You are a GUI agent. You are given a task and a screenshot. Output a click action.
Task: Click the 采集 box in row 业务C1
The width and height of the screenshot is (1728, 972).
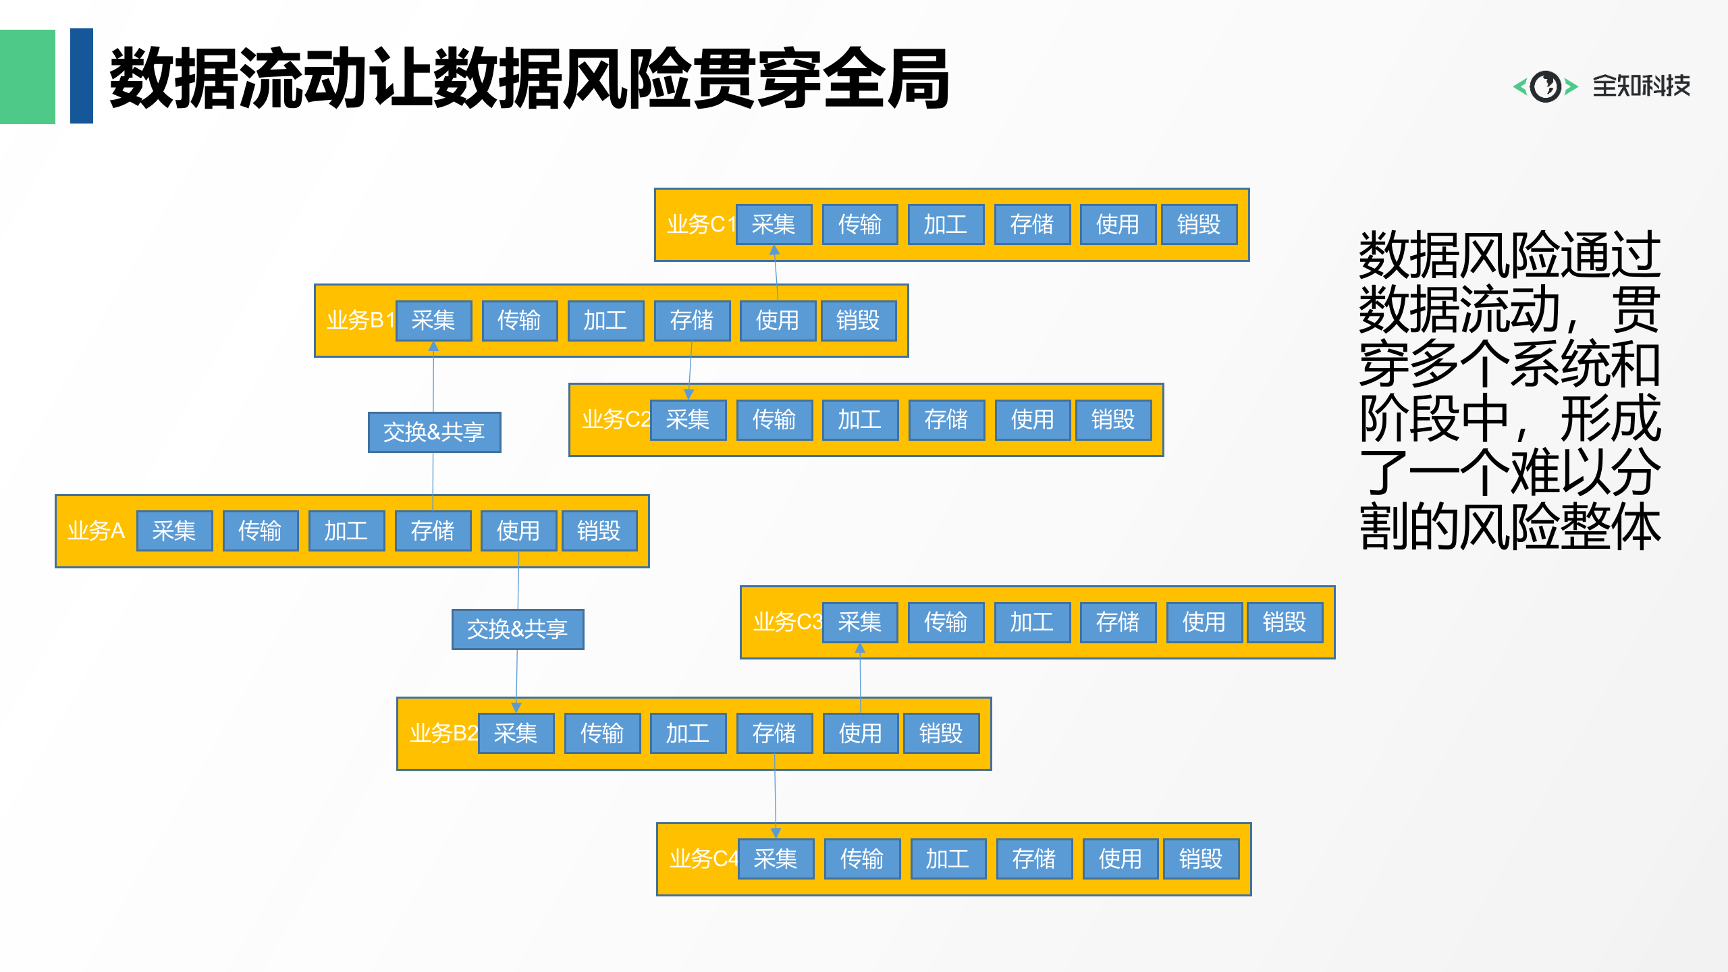(774, 224)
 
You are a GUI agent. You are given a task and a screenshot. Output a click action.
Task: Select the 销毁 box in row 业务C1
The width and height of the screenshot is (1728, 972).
(1199, 224)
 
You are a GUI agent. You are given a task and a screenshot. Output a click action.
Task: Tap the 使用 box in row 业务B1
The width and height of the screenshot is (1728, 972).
(778, 320)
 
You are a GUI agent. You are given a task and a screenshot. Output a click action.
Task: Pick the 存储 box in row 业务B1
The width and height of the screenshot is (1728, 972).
(692, 320)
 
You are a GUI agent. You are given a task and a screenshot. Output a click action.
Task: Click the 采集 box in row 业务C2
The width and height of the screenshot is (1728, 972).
(688, 419)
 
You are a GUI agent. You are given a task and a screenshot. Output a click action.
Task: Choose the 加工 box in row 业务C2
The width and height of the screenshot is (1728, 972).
(860, 419)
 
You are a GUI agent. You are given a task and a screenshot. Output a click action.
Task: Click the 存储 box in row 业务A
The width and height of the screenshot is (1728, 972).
(433, 531)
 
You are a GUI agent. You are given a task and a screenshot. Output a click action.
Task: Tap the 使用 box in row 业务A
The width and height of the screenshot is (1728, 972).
(518, 531)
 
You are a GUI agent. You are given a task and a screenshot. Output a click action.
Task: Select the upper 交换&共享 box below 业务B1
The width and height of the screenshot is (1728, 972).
(434, 432)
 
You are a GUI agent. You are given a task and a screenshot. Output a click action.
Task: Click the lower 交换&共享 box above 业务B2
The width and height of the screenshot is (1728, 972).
(518, 629)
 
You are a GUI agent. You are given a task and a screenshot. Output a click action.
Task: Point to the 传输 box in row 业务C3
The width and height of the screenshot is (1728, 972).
(946, 622)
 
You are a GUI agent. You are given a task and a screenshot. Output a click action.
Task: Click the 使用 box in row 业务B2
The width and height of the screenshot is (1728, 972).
(861, 733)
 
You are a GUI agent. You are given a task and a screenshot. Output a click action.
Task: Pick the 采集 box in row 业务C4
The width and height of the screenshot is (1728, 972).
(776, 859)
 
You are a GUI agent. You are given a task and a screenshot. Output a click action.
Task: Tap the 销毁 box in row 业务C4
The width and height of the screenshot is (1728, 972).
(1201, 859)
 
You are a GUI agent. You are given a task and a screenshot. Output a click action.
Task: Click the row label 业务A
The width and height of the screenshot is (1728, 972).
(97, 531)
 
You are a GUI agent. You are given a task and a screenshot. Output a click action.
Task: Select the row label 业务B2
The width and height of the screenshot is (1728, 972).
(443, 733)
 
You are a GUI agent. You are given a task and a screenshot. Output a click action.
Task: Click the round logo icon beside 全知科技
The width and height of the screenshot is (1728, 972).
(1545, 86)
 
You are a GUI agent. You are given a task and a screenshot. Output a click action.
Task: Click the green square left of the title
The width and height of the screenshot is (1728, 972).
(27, 76)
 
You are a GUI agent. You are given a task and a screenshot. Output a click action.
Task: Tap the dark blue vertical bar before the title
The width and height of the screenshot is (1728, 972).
(82, 76)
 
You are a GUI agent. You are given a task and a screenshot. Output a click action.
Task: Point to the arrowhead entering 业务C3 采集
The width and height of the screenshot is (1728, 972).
(860, 648)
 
